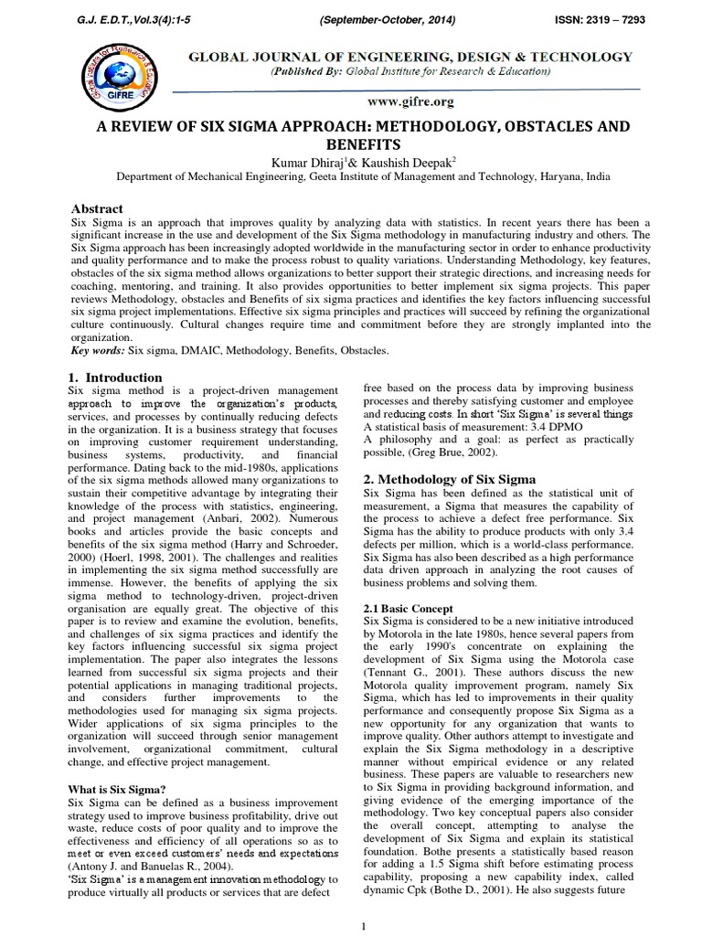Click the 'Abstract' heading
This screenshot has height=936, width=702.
[x=97, y=208]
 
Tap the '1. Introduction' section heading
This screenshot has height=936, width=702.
[x=116, y=378]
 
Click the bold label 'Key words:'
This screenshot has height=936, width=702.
[x=98, y=350]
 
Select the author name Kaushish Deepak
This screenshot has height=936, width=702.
[x=407, y=162]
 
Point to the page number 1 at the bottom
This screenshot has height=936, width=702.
[x=364, y=926]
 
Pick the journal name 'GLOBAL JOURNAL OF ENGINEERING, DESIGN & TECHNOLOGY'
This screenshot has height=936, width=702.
[x=409, y=57]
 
